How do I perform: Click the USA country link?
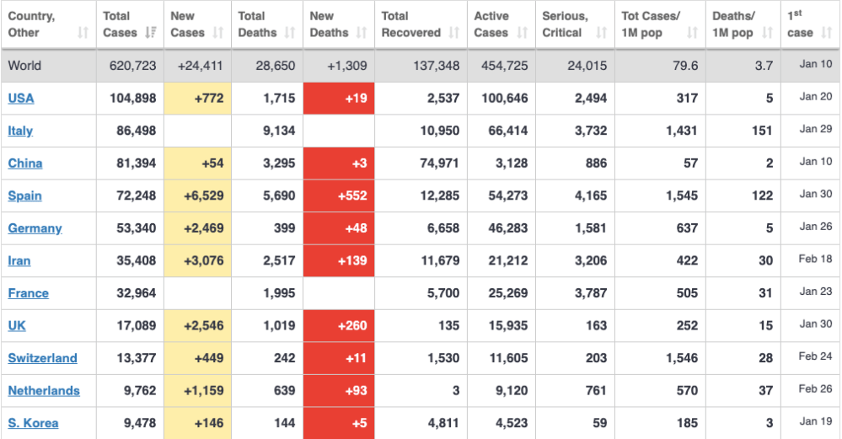[x=21, y=99]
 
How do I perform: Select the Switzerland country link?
[x=42, y=358]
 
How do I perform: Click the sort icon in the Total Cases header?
[x=151, y=33]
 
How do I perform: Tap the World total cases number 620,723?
[x=133, y=66]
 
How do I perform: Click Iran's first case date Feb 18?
[x=815, y=260]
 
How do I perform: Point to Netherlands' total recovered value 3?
[x=455, y=391]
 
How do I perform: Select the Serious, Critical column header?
[x=566, y=24]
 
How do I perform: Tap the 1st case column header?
[x=800, y=24]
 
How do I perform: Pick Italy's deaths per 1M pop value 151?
[x=763, y=131]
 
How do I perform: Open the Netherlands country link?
[x=44, y=391]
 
